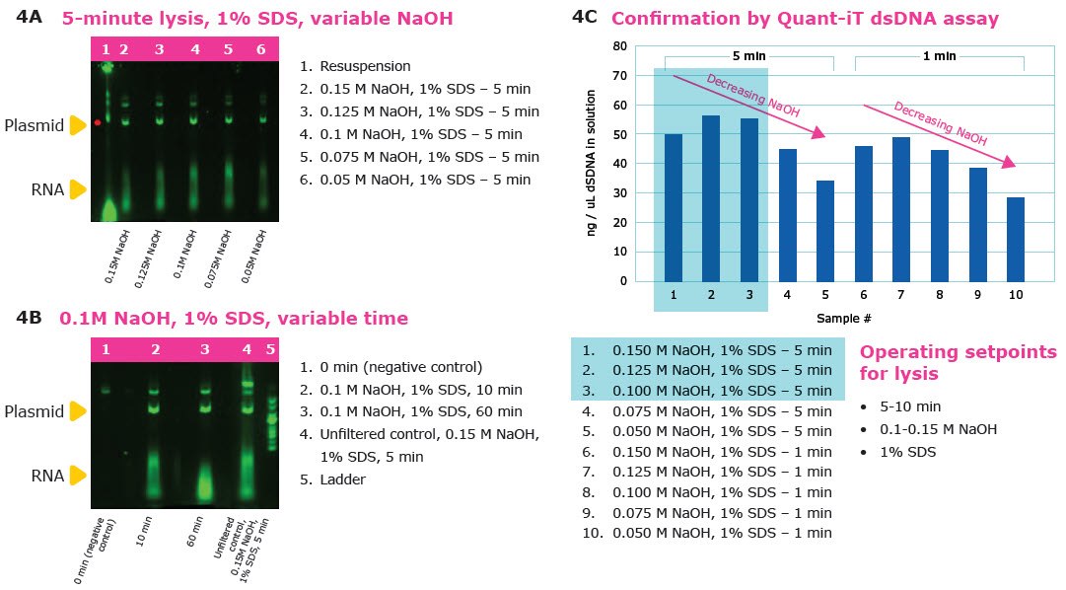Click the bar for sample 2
click(x=711, y=197)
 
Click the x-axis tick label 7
click(x=901, y=295)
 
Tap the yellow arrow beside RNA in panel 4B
click(x=79, y=476)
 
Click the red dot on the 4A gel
click(x=98, y=122)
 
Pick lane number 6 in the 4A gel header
click(x=261, y=48)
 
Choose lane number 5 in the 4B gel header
click(x=271, y=349)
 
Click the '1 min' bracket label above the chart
click(x=939, y=56)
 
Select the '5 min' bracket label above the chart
click(x=749, y=56)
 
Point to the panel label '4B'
click(x=30, y=318)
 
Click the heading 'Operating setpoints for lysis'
click(x=957, y=363)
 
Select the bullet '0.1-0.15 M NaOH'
click(x=938, y=429)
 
